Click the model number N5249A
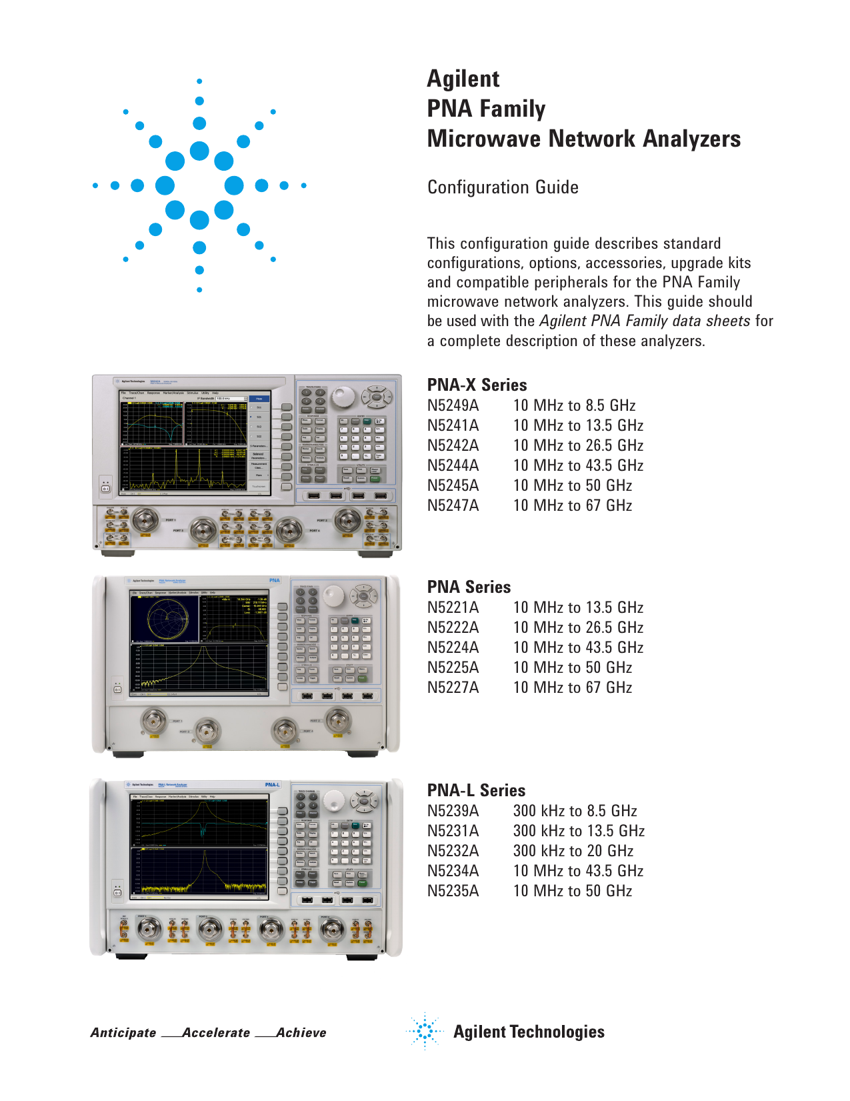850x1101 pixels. coord(453,405)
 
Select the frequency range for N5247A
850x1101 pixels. coord(572,505)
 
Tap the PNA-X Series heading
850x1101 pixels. coord(477,385)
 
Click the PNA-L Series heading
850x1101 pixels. coord(476,790)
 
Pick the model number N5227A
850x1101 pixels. coord(453,688)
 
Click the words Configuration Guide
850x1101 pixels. coord(503,187)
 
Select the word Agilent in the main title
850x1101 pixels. coord(463,79)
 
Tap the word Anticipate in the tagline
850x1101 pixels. coord(123,1032)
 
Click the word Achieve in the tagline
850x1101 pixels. coord(301,1032)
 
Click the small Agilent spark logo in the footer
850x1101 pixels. coord(424,1031)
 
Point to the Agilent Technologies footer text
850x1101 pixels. coord(529,1032)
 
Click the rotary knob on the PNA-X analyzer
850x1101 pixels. coord(344,397)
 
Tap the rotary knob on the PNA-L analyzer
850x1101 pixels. coord(333,800)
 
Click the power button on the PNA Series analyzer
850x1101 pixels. coord(117,689)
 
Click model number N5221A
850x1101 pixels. coord(453,608)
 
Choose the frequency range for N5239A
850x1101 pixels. coord(575,811)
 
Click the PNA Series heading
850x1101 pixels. coord(469,587)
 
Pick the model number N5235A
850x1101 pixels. coord(453,891)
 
